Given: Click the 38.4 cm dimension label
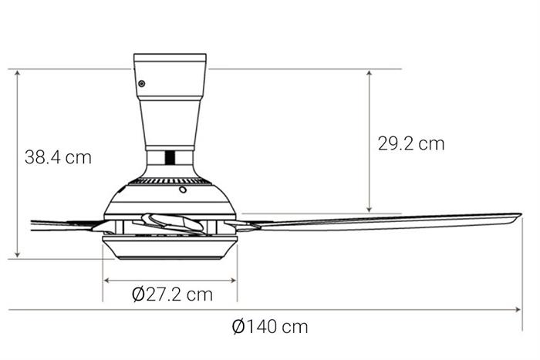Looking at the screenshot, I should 58,158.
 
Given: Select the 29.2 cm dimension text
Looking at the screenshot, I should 410,143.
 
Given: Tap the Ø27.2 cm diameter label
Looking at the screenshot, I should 171,294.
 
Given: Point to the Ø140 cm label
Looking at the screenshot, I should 270,326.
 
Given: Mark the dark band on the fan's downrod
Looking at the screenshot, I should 170,156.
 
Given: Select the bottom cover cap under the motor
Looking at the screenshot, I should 170,249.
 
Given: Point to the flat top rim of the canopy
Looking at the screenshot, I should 170,56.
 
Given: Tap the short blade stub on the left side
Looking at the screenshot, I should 62,224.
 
